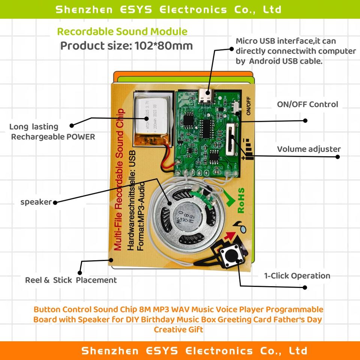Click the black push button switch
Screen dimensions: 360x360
(230, 257)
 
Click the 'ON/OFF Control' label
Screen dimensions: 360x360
(307, 104)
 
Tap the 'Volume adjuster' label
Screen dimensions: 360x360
(309, 149)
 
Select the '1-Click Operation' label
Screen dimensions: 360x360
(297, 276)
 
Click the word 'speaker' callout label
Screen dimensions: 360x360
(36, 202)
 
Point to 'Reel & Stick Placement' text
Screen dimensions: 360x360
(70, 280)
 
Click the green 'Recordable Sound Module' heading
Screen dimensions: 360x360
(122, 31)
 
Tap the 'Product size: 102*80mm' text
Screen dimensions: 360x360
(126, 46)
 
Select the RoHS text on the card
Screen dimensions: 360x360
(241, 201)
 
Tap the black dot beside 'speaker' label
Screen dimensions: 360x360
(55, 202)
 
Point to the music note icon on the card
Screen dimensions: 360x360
(239, 225)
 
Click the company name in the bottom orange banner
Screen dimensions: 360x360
(194, 351)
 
